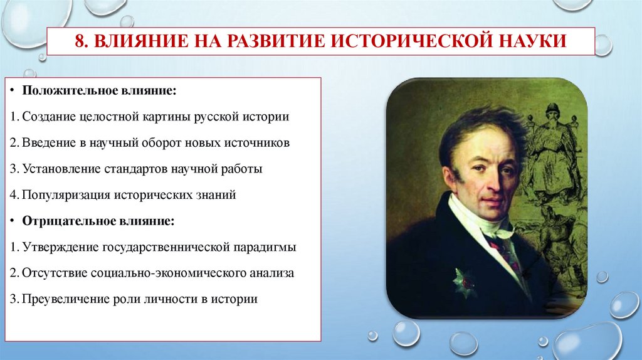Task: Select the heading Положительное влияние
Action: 100,92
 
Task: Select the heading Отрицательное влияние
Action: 98,221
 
